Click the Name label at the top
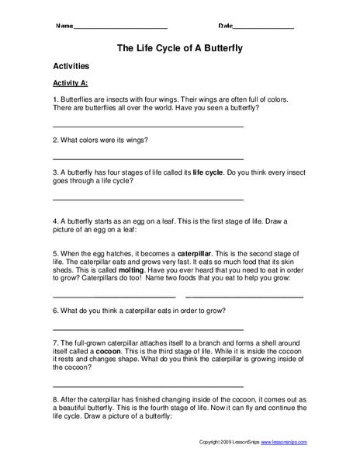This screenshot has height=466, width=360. coord(64,26)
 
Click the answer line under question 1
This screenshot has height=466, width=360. coord(147,126)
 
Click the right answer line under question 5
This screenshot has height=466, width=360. coord(244,297)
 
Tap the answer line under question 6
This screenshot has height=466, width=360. coord(147,329)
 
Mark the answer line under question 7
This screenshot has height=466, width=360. coord(147,386)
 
